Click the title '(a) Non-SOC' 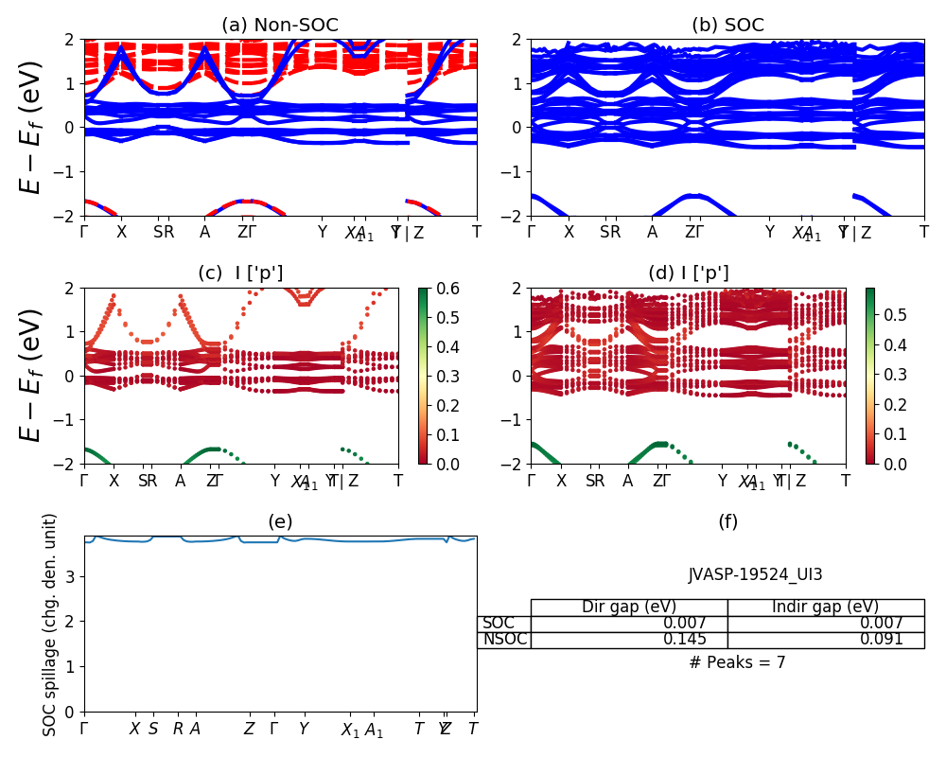coord(280,26)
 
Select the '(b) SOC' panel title coord(727,26)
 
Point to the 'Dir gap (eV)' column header coord(629,607)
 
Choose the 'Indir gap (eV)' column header coord(825,607)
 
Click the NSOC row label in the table coord(504,640)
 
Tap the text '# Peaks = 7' coord(737,662)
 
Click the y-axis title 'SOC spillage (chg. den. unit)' coord(51,625)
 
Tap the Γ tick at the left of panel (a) coord(84,232)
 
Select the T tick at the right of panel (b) coord(924,232)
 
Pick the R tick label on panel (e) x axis coord(178,729)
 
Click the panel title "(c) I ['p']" coord(240,273)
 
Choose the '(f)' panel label coord(727,521)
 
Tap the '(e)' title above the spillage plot coord(280,521)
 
